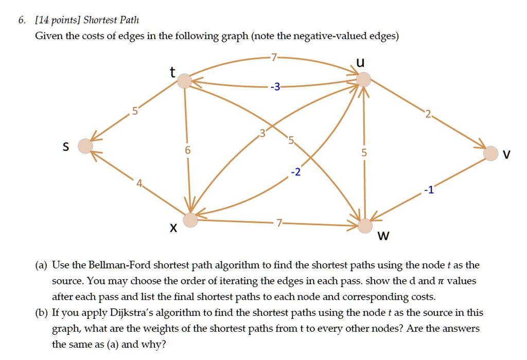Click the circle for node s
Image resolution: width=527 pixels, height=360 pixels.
point(85,146)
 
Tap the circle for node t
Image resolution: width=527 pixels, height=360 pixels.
point(185,81)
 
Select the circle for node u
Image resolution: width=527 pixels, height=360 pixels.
point(363,80)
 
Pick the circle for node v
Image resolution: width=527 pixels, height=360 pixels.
point(490,153)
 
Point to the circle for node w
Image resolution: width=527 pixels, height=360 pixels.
point(365,226)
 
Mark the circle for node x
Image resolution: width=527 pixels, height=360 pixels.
point(190,220)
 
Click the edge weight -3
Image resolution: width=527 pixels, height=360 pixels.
point(275,86)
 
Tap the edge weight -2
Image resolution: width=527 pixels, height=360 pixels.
point(296,172)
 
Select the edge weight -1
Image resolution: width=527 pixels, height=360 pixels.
point(429,190)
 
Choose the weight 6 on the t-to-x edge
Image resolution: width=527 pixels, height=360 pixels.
point(188,150)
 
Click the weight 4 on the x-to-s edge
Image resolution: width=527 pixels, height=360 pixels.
point(139,184)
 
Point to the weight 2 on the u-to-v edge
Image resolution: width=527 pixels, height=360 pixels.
point(428,115)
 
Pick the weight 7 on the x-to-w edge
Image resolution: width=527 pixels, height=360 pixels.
point(279,223)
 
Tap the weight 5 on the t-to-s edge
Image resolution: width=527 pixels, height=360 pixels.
point(135,111)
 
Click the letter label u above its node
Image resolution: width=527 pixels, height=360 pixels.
point(360,62)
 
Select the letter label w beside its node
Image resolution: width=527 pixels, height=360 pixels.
point(383,236)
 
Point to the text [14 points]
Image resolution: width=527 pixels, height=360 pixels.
point(58,20)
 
